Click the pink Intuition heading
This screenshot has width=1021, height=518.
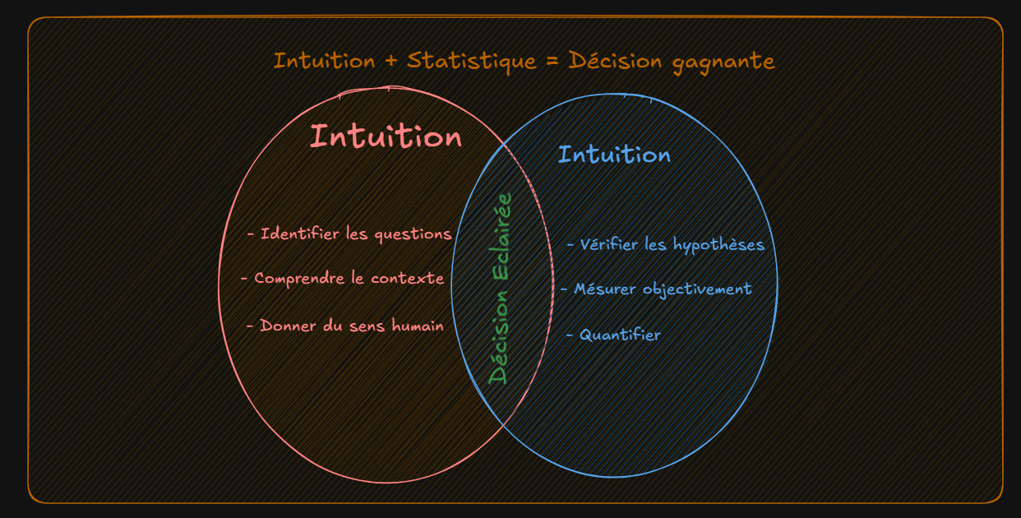[386, 136]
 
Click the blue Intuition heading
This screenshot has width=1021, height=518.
[614, 155]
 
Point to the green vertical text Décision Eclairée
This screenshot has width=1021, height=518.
[500, 288]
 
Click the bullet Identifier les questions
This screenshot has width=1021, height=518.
[349, 234]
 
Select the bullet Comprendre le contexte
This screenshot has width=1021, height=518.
[343, 279]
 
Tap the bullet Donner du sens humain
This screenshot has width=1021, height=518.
[345, 326]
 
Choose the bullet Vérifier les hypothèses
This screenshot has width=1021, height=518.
[666, 245]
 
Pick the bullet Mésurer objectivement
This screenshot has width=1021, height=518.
[656, 289]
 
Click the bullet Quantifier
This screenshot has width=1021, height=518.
[613, 335]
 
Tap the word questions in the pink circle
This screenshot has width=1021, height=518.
[413, 234]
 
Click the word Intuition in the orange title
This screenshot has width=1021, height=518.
[324, 61]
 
